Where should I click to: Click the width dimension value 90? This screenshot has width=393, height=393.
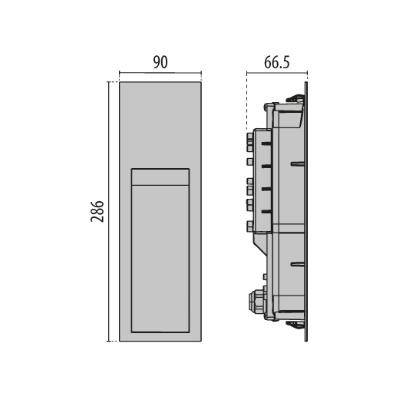point(160,63)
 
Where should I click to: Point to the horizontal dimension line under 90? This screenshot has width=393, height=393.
point(160,75)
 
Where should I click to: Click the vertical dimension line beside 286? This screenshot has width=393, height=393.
point(109,211)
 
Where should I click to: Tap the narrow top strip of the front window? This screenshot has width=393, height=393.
point(160,177)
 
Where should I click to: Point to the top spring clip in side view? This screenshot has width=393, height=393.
point(295,97)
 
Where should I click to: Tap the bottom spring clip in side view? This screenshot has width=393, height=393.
point(295,325)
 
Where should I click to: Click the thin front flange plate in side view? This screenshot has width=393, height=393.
point(307,211)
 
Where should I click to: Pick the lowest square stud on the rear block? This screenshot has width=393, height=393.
point(249,226)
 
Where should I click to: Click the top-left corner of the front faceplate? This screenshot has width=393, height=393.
point(121,81)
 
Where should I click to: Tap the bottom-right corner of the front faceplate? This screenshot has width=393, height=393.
point(201,341)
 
